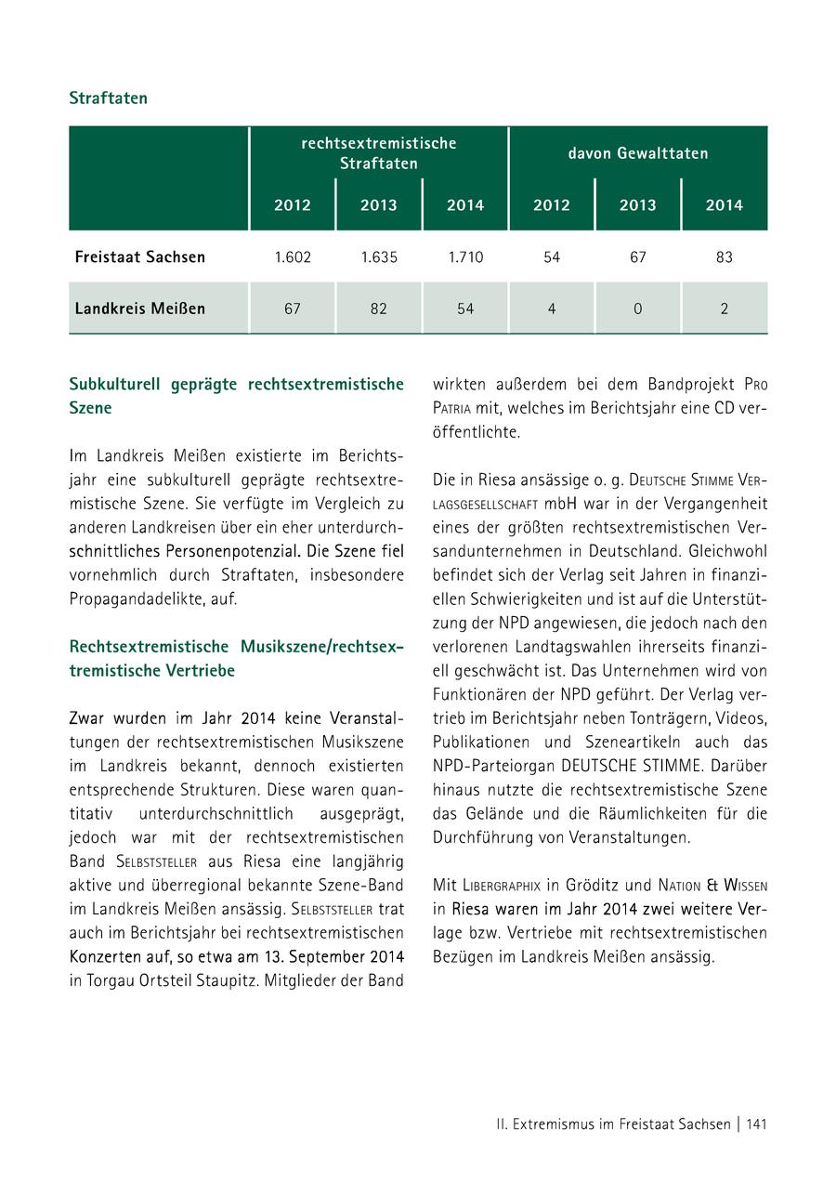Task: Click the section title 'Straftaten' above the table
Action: click(108, 98)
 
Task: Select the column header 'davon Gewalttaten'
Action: click(638, 153)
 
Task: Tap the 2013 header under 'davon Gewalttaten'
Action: click(637, 205)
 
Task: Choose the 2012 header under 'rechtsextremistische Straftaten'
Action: click(292, 205)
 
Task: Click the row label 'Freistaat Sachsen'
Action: click(140, 257)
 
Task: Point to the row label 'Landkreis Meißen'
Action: click(140, 309)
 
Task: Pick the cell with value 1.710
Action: click(465, 257)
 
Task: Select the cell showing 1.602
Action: click(292, 257)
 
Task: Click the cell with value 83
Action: click(725, 257)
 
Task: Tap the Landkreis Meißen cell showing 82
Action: click(378, 309)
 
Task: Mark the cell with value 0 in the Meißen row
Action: click(637, 309)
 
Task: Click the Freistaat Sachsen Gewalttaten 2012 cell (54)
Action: click(552, 257)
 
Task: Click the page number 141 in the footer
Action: click(756, 1124)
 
